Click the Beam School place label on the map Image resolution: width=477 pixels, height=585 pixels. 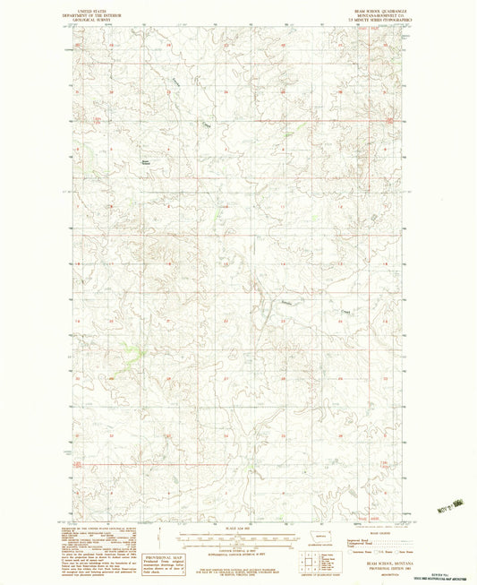click(146, 162)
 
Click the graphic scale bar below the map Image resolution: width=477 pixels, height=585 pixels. click(238, 537)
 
